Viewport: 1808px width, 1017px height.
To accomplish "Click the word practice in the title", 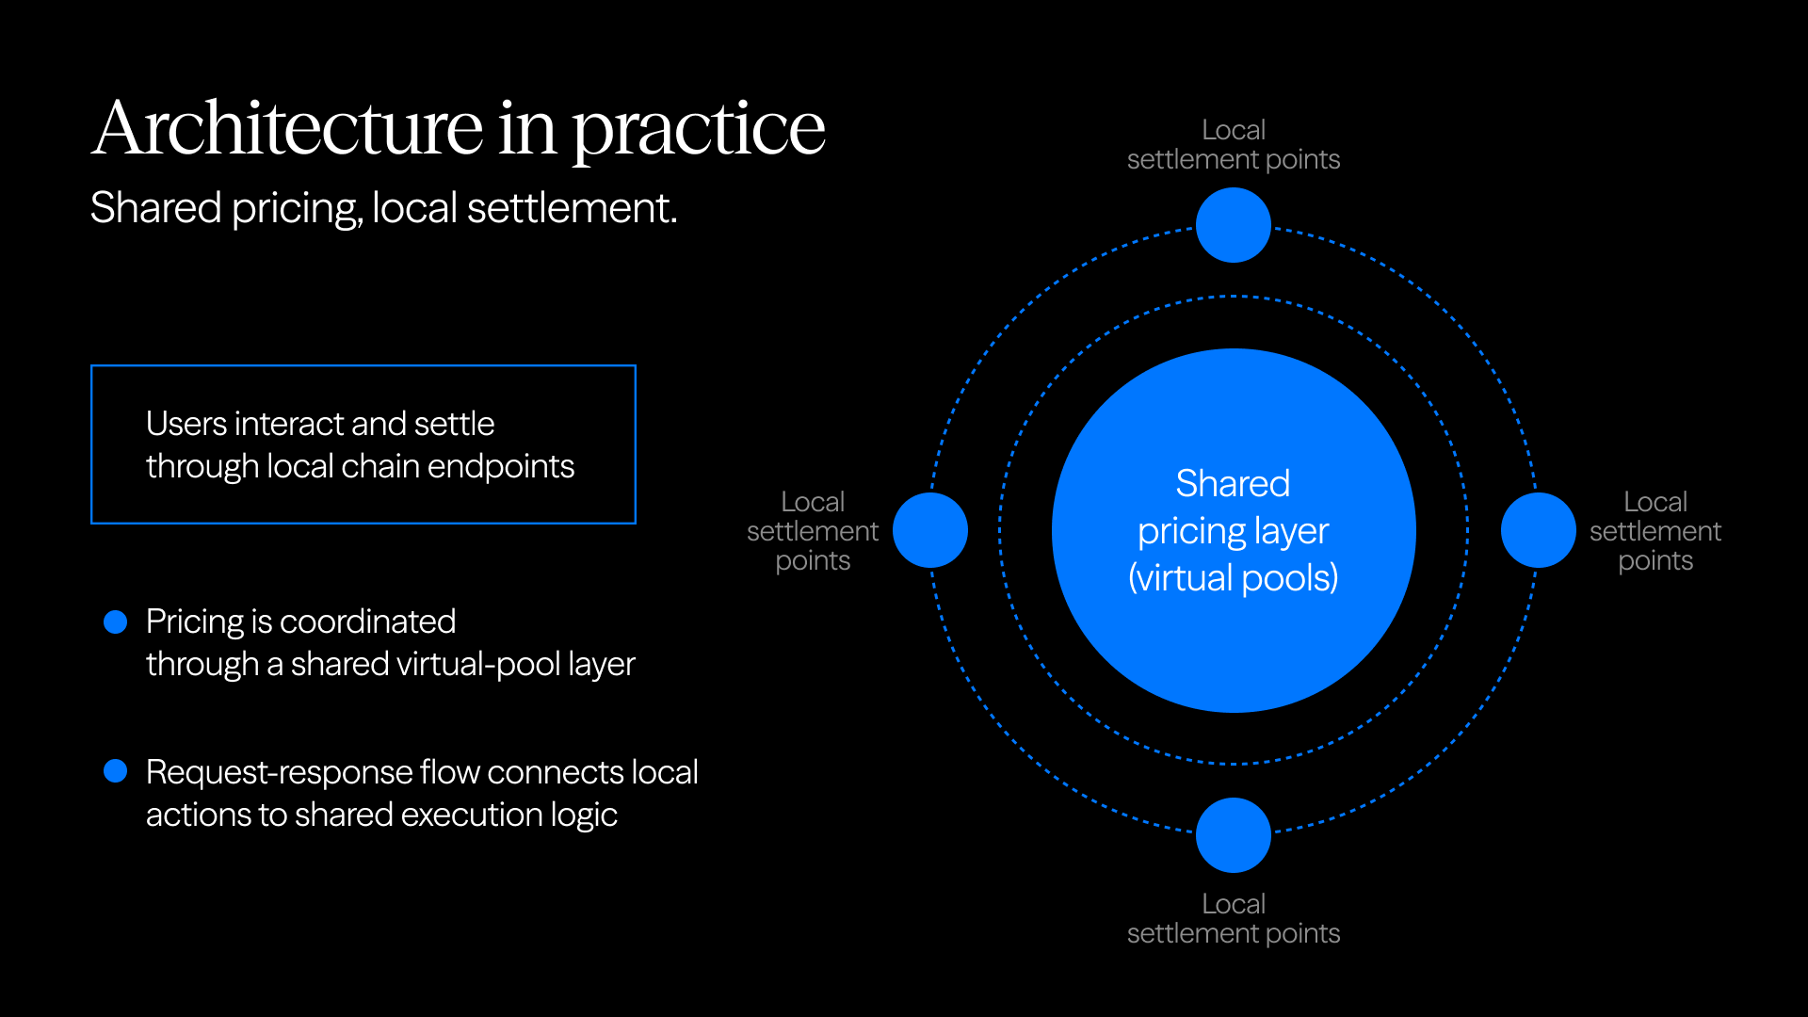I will [698, 132].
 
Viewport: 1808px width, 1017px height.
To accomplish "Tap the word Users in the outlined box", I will [186, 424].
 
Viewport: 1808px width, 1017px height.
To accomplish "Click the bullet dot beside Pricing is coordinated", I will [115, 621].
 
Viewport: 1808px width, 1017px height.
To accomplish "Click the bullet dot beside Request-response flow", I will [115, 771].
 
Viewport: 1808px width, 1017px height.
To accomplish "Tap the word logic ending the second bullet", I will [584, 815].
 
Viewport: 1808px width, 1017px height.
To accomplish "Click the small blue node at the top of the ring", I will [1233, 225].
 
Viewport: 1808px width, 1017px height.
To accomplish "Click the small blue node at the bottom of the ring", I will [1233, 834].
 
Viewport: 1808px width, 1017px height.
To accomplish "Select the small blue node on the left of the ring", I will [929, 530].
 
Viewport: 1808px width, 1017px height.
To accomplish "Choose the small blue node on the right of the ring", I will [1538, 530].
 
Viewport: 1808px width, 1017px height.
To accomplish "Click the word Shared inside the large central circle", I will [1233, 483].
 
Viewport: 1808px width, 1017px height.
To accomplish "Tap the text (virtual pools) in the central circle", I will [1233, 577].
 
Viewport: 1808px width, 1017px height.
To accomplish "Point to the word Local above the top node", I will [1233, 130].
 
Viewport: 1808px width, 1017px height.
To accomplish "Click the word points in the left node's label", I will [813, 561].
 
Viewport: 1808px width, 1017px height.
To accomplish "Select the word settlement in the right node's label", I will [1655, 531].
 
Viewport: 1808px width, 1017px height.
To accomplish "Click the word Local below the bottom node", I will [1233, 904].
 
